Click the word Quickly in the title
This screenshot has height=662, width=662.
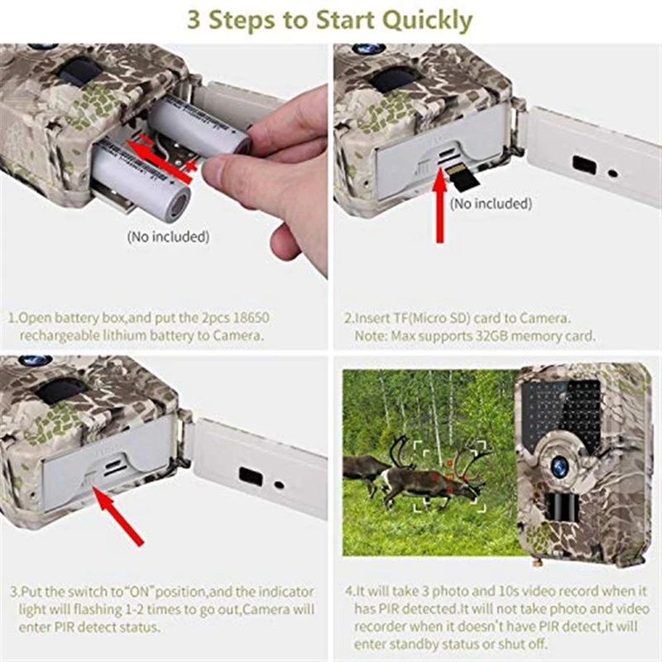[429, 20]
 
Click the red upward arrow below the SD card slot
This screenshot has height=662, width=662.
[439, 207]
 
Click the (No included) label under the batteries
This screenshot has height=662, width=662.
[168, 237]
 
